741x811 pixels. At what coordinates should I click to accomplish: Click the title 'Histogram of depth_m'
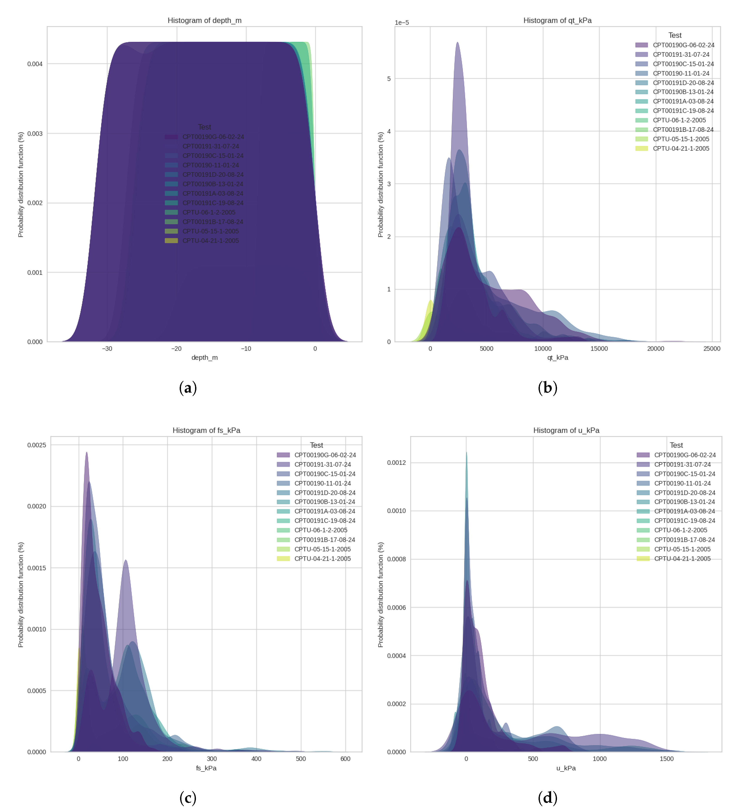(204, 21)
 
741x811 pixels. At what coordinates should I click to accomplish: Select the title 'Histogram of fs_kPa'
(206, 430)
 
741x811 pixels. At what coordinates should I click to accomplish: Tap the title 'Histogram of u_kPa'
(566, 430)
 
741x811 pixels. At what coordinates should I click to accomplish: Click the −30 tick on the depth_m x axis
(107, 349)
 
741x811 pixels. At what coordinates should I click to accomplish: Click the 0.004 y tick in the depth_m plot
(35, 64)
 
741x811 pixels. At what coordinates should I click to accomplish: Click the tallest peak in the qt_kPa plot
(457, 43)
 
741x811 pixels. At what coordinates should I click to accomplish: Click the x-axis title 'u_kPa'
(565, 768)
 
